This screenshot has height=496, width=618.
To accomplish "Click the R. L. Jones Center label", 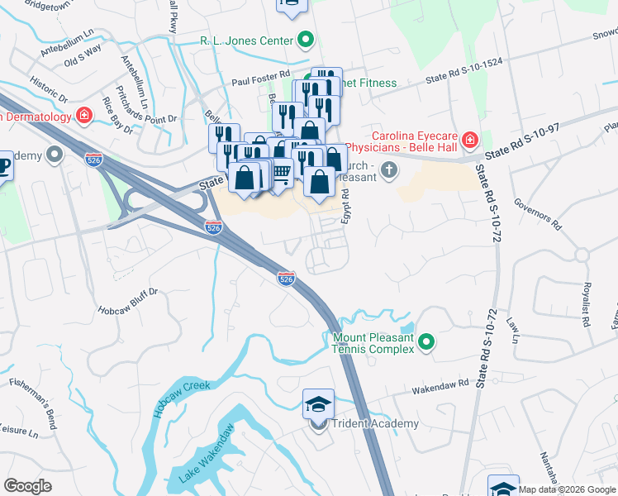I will point(246,40).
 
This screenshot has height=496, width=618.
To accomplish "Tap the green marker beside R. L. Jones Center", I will point(306,39).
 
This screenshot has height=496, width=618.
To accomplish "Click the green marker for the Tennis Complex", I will point(426,341).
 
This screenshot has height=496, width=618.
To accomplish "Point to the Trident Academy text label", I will point(375,424).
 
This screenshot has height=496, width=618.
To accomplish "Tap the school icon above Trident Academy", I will point(318,404).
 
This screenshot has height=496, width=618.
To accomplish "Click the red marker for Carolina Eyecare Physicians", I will point(470,140).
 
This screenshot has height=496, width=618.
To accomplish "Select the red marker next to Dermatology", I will point(83,115).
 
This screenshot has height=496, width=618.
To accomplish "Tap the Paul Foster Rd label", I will point(261,82).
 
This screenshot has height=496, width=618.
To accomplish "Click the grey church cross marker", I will point(389,171).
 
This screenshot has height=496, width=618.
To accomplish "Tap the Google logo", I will point(28,486).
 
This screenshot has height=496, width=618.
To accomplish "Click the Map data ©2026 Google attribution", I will point(568,489).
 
